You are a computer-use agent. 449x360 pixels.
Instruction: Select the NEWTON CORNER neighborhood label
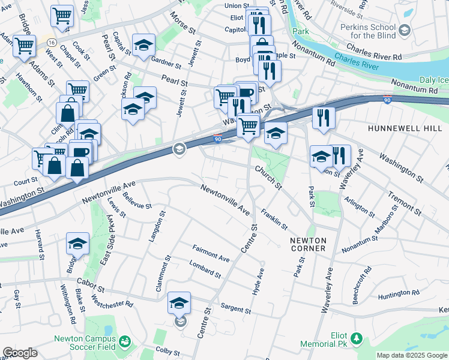tap(308, 244)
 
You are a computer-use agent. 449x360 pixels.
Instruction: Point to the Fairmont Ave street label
tap(211, 254)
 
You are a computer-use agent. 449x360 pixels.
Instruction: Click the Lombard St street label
tap(205, 269)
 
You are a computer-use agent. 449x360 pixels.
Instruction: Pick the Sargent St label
tap(235, 309)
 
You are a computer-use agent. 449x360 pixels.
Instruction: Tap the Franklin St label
tap(274, 219)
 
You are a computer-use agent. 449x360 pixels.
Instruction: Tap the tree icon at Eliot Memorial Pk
tap(357, 338)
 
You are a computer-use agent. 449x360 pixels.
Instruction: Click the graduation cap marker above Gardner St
tap(144, 45)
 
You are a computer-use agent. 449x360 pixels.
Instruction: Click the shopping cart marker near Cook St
tap(62, 17)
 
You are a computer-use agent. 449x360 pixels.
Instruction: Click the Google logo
tap(20, 353)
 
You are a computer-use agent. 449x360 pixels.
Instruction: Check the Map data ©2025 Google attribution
tap(412, 355)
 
